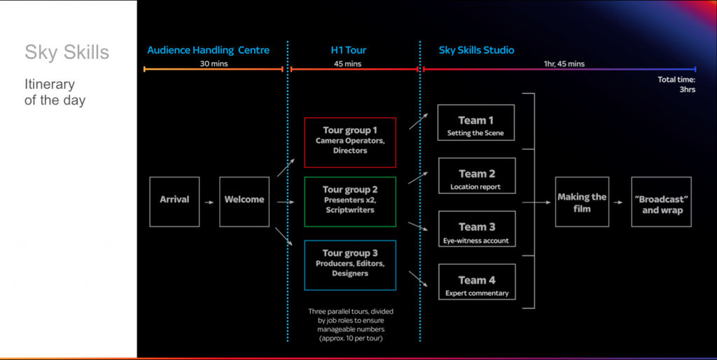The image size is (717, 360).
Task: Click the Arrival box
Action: coord(174,201)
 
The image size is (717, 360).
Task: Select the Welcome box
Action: coord(244,201)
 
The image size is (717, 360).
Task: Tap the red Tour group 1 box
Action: coord(350,142)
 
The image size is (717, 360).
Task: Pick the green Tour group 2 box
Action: coord(350,201)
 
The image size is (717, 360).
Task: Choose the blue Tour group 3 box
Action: coord(350,265)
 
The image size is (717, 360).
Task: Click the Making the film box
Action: coord(582,201)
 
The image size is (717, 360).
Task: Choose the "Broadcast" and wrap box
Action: coord(662,201)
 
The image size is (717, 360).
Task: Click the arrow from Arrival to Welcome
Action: coord(209,202)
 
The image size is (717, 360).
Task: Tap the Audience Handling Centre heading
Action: coord(208,50)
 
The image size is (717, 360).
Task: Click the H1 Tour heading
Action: coord(348,50)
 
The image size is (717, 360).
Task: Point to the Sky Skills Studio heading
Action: coord(476,50)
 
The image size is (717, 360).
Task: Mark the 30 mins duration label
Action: coord(214,64)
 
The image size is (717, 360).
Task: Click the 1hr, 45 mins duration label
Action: coord(564,64)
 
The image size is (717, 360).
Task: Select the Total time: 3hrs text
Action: coord(676,85)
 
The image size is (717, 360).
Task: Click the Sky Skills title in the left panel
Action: coord(67,53)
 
